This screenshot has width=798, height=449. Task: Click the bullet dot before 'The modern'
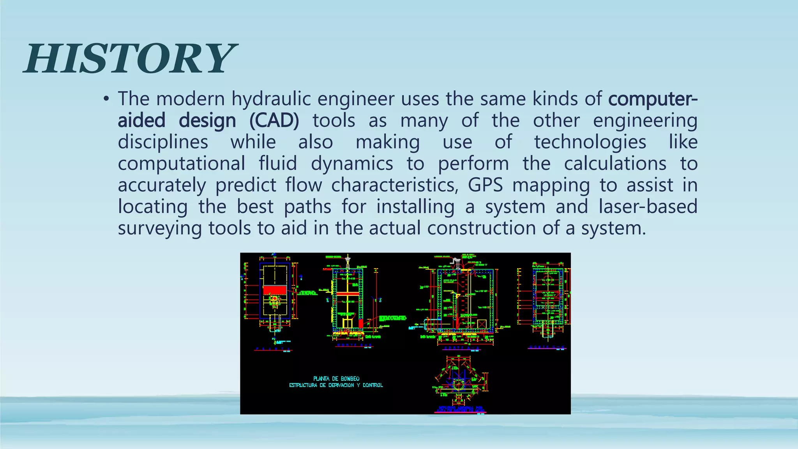[x=106, y=99]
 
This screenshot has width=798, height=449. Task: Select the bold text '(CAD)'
[x=274, y=120]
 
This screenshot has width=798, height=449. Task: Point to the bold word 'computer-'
[x=653, y=99]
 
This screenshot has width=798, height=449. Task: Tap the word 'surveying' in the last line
[x=160, y=228]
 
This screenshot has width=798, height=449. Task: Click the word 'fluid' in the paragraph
[x=278, y=164]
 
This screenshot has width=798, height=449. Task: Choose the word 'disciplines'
[x=163, y=142]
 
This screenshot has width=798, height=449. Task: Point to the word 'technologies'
[x=590, y=142]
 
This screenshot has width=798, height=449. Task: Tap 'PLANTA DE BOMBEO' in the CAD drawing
[x=336, y=378]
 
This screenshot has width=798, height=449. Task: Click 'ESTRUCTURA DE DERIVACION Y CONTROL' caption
[x=336, y=385]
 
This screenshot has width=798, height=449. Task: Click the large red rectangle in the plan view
[x=275, y=290]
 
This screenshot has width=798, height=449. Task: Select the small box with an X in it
[x=482, y=324]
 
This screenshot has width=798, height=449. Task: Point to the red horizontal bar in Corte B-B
[x=348, y=293]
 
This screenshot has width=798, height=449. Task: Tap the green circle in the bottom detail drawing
[x=458, y=385]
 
